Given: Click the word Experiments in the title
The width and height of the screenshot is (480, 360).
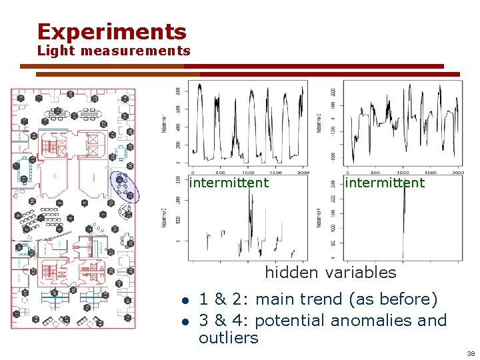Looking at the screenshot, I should point(111,31).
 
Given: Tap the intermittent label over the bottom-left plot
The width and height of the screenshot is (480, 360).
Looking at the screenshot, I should point(229,183).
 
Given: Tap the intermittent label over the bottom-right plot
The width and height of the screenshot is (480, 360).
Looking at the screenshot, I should point(384,183).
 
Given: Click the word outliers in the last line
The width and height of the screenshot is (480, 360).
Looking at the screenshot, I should point(228,337).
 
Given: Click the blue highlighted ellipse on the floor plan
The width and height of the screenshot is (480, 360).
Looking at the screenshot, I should point(125,187).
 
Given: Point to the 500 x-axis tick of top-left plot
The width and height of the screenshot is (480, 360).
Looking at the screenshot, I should point(220,172).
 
